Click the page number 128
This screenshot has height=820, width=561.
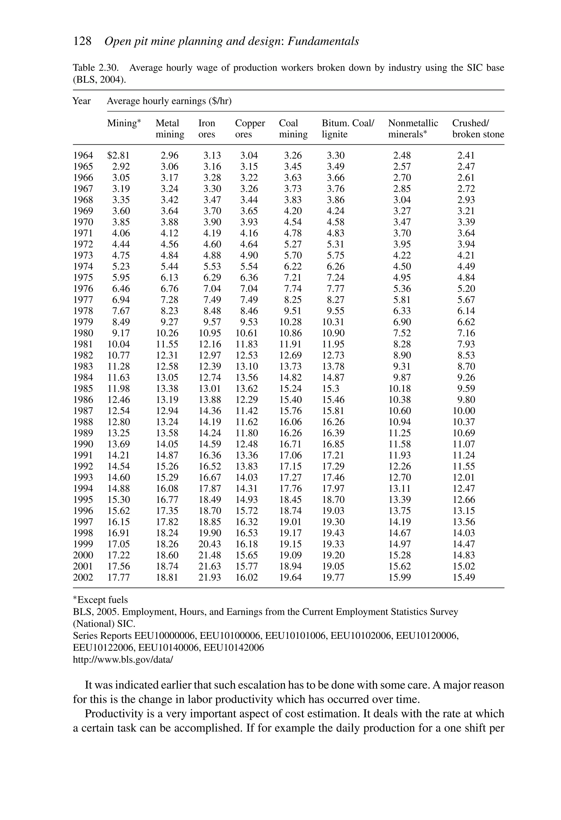[x=82, y=41]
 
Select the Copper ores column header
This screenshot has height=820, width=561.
[x=250, y=128]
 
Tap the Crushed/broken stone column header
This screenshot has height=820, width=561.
[x=478, y=128]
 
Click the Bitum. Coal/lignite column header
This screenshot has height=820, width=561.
[x=348, y=128]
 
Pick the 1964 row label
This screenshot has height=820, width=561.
[x=83, y=155]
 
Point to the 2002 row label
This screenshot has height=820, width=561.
[x=83, y=577]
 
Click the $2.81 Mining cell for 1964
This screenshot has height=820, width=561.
[x=119, y=155]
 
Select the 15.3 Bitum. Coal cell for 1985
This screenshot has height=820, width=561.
[x=331, y=388]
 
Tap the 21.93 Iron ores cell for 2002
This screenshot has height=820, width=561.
[x=210, y=577]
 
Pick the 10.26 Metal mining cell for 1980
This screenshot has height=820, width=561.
[x=167, y=333]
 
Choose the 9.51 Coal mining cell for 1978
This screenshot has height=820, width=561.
[x=293, y=311]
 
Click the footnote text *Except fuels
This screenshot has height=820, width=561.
[x=101, y=600]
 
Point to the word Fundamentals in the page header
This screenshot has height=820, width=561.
[x=323, y=41]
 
